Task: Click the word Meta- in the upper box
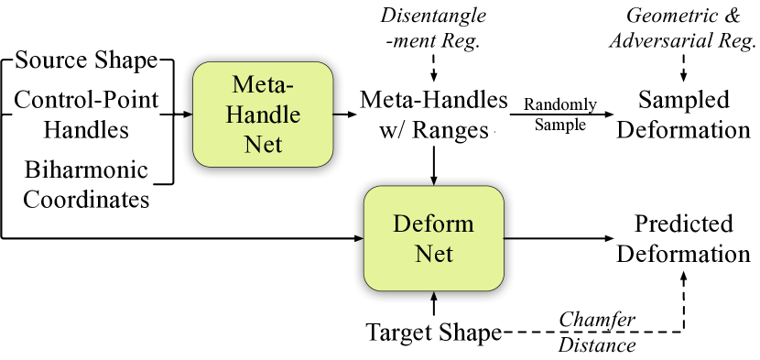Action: click(263, 85)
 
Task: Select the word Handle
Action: click(263, 115)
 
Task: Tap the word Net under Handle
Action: click(263, 144)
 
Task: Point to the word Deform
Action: click(433, 224)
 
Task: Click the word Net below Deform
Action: click(434, 254)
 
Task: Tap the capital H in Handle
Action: click(234, 115)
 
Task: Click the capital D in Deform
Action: click(401, 224)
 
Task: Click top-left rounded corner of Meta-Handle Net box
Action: click(199, 68)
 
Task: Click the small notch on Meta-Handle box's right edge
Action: click(332, 114)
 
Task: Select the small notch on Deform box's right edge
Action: click(504, 238)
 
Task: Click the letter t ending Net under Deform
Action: click(450, 255)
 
